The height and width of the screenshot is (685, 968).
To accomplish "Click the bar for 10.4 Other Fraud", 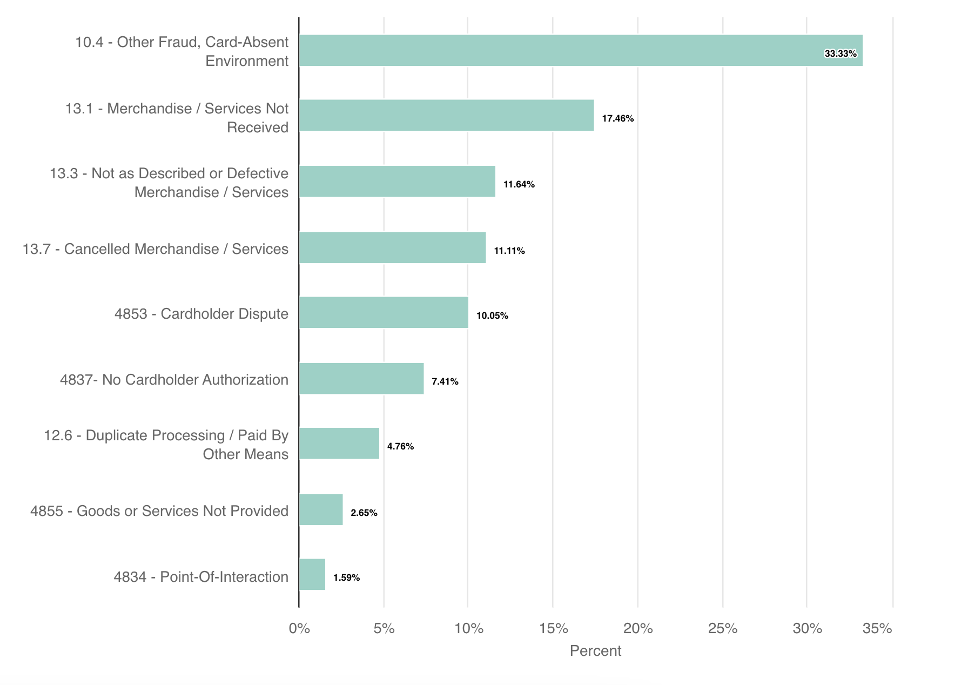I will pos(580,51).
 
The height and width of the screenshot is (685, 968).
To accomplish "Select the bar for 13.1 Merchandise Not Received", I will pos(446,115).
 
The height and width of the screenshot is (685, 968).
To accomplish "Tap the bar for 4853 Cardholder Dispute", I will pos(384,312).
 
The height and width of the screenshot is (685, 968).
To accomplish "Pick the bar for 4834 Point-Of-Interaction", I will pos(312,574).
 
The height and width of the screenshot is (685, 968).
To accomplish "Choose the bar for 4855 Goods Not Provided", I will pos(321,509).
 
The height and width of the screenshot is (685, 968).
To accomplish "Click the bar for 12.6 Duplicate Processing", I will pos(339,444).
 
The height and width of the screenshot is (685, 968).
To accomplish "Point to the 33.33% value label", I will pos(840,53).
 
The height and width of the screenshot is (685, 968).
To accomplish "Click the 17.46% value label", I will pos(617,118).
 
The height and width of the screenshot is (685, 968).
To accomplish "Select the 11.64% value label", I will pos(519,184).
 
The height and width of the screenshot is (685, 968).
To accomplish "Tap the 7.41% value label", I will pos(445,381).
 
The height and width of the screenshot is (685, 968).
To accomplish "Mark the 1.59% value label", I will pos(346,577).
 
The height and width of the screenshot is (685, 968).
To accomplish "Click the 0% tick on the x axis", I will pos(299,628).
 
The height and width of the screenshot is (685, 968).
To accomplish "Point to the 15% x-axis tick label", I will pos(553,628).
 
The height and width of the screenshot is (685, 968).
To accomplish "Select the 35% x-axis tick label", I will pos(877,628).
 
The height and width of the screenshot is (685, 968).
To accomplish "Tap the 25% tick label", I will pos(723,628).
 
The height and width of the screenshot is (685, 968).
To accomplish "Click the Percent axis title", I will pos(595,650).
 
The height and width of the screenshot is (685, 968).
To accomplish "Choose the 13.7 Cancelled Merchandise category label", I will pos(156,249).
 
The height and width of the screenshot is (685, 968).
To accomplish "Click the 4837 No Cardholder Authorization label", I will pos(174,380).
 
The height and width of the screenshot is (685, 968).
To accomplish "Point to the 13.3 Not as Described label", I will pos(169,183).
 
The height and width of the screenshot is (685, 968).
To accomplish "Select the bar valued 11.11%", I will pos(392,247).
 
